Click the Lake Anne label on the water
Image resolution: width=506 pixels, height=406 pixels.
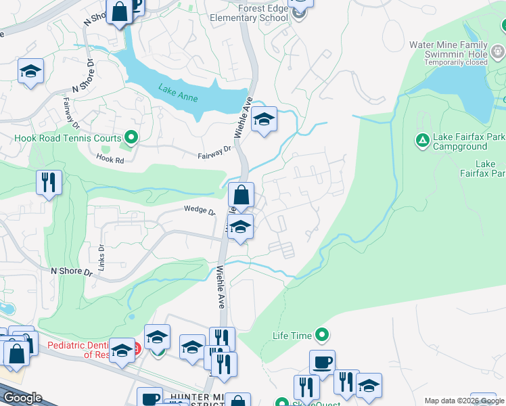[x=179, y=93]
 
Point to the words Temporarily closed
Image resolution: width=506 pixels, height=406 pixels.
[x=457, y=62]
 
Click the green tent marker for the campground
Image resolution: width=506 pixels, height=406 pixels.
[x=421, y=140]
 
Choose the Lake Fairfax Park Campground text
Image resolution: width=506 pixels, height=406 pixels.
[x=460, y=141]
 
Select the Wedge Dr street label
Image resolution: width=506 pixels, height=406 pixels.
[x=199, y=210]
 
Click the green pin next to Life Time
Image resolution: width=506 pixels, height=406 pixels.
[x=322, y=335]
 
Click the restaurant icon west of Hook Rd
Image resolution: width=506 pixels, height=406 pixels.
[x=49, y=183]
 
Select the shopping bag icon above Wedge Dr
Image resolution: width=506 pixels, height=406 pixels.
[x=241, y=196]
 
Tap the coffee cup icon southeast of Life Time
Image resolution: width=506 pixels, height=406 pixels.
[x=322, y=362]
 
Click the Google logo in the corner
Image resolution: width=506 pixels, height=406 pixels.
[x=22, y=397]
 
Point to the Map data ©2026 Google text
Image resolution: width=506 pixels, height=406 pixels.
[x=463, y=401]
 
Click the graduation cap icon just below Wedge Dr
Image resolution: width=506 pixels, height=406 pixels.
[x=240, y=227]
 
